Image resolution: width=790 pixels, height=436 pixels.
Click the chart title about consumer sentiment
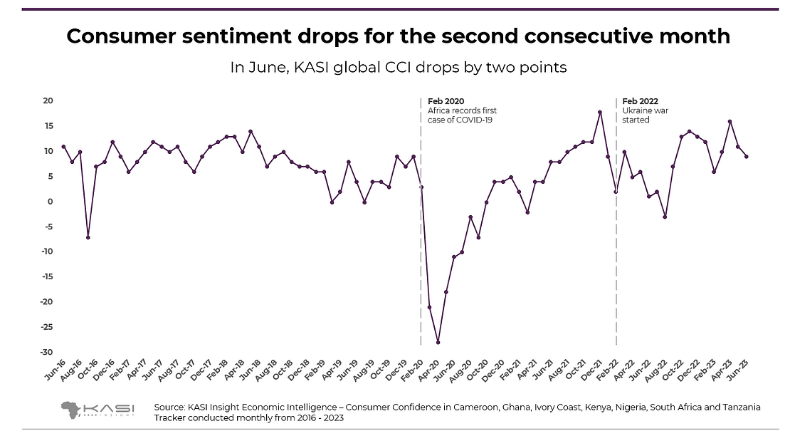pyautogui.click(x=398, y=37)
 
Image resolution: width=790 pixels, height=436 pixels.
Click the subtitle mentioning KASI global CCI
pyautogui.click(x=398, y=68)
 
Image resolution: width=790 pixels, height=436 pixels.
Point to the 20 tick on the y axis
pyautogui.click(x=49, y=100)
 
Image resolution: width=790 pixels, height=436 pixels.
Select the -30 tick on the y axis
pyautogui.click(x=48, y=352)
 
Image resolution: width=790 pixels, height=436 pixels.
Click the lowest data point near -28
pyautogui.click(x=438, y=343)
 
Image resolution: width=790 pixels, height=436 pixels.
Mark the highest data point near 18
pyautogui.click(x=600, y=112)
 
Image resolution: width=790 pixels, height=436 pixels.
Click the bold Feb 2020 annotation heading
pyautogui.click(x=446, y=101)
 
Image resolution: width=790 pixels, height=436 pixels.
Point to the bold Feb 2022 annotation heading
pyautogui.click(x=640, y=101)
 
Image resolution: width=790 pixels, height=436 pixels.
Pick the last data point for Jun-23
pyautogui.click(x=746, y=157)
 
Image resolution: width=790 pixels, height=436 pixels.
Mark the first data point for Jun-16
pyautogui.click(x=64, y=147)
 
